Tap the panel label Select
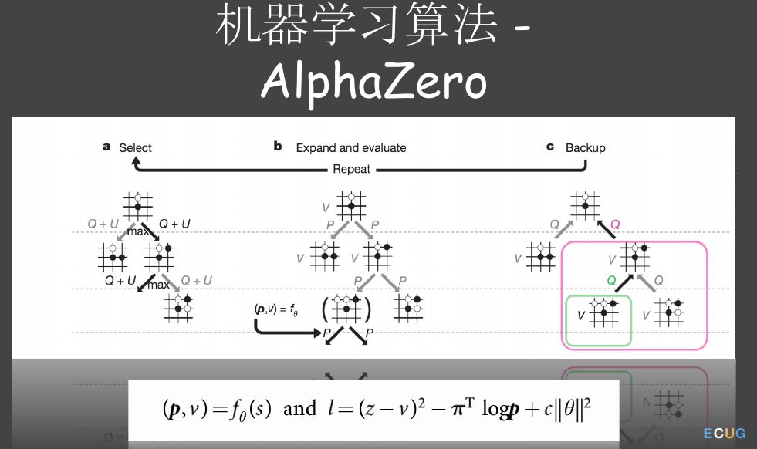coord(135,147)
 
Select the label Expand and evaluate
coord(350,147)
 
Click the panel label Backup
coord(585,147)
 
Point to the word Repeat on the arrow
coord(351,169)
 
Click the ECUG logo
coord(724,434)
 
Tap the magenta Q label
coord(615,224)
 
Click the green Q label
coord(610,281)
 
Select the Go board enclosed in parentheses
coord(346,309)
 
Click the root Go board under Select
coord(138,206)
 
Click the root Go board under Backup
coord(585,206)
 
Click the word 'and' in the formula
coord(300,408)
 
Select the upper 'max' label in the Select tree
coord(138,231)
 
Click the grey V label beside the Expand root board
coord(326,207)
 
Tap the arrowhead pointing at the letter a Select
coord(137,163)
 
